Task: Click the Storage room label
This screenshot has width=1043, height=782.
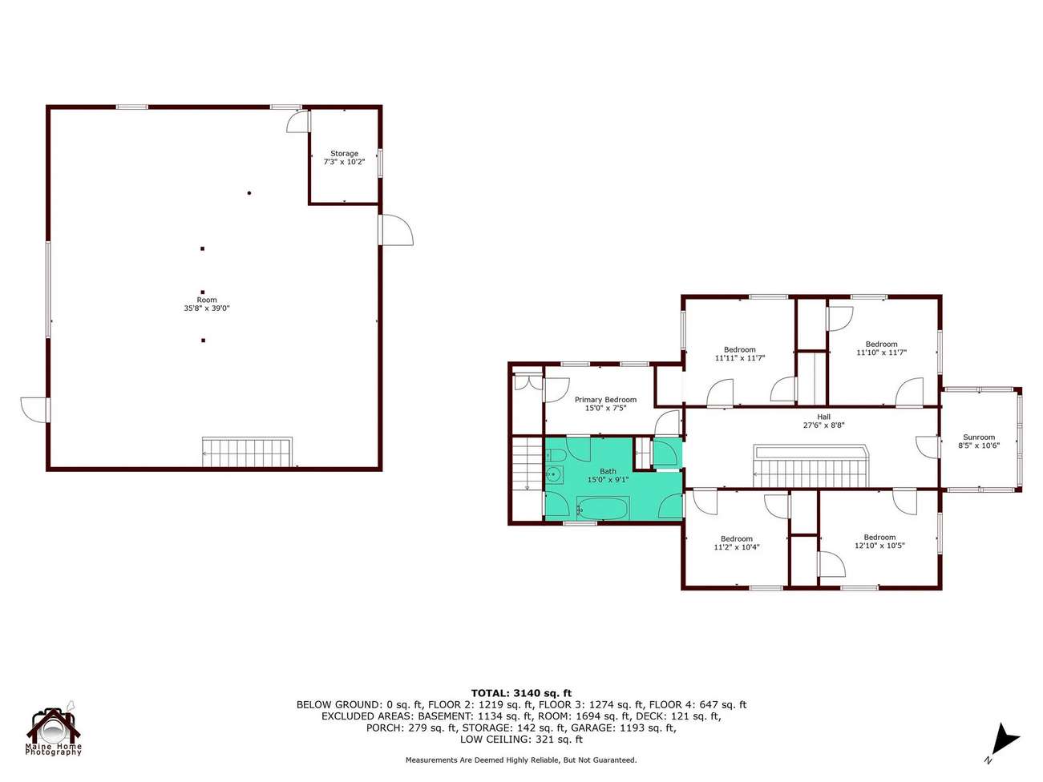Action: [x=344, y=153]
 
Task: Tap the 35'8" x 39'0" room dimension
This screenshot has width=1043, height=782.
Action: [x=207, y=308]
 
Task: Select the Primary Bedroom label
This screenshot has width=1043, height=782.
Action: [x=605, y=400]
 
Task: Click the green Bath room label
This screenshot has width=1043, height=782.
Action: [x=608, y=471]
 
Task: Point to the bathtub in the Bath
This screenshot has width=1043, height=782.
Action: [x=603, y=509]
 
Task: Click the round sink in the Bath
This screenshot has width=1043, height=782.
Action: [x=554, y=474]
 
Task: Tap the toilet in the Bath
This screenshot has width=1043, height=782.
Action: [x=554, y=456]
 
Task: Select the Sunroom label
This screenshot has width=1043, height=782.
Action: [x=979, y=437]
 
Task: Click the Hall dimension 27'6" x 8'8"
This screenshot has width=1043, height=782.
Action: [x=824, y=425]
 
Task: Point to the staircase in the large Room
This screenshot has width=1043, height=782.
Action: [x=247, y=452]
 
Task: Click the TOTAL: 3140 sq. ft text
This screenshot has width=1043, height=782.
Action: [x=521, y=693]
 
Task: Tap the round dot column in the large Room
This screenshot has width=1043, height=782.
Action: [x=249, y=193]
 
